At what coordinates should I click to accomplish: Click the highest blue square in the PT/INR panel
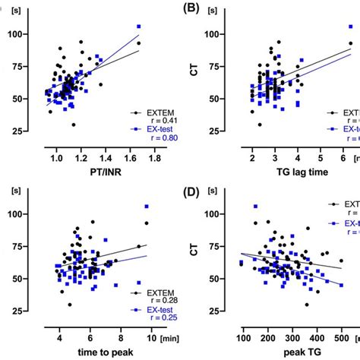[138, 27]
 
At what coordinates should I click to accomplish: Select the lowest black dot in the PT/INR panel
[74, 125]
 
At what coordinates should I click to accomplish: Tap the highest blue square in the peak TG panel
[255, 206]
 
